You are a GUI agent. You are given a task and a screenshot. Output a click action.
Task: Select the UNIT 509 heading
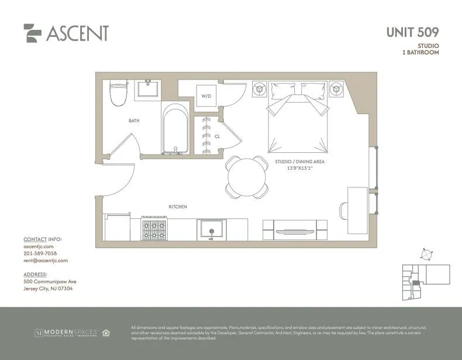412,32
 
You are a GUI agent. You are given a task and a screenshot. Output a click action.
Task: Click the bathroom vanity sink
149,90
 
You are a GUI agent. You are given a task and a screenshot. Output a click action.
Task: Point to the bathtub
174,129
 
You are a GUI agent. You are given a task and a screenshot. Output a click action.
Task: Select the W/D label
206,95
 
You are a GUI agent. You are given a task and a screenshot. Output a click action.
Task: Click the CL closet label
216,136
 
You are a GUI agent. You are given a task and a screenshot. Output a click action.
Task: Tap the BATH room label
134,121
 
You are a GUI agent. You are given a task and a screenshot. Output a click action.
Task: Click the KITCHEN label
178,207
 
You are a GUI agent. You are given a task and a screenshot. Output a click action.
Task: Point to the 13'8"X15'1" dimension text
299,168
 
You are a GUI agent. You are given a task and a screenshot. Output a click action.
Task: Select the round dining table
246,177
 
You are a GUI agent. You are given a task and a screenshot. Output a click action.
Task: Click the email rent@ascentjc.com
46,260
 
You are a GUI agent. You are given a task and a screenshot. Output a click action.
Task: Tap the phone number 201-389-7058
40,253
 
